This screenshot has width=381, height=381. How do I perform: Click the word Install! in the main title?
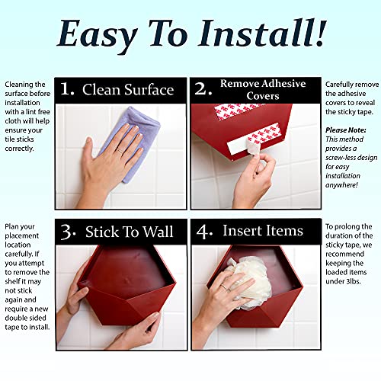(262, 34)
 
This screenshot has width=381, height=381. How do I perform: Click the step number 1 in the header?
(67, 89)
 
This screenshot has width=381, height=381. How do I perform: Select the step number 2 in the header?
(203, 89)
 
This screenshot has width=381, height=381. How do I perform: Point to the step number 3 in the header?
(68, 232)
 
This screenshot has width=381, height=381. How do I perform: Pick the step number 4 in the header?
(204, 232)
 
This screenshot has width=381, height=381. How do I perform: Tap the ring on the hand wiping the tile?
(120, 151)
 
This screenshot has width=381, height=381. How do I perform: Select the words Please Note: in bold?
(346, 130)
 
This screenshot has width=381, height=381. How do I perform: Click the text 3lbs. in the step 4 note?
(351, 281)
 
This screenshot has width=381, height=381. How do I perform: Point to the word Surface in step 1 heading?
(149, 90)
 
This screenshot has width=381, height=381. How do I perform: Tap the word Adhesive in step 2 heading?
(284, 83)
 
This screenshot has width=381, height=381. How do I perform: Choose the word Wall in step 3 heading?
(158, 232)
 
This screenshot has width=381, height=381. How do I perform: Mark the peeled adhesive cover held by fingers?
(253, 147)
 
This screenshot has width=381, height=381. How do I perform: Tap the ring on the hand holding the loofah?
(224, 287)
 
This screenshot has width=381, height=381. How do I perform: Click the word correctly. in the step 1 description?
(19, 149)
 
